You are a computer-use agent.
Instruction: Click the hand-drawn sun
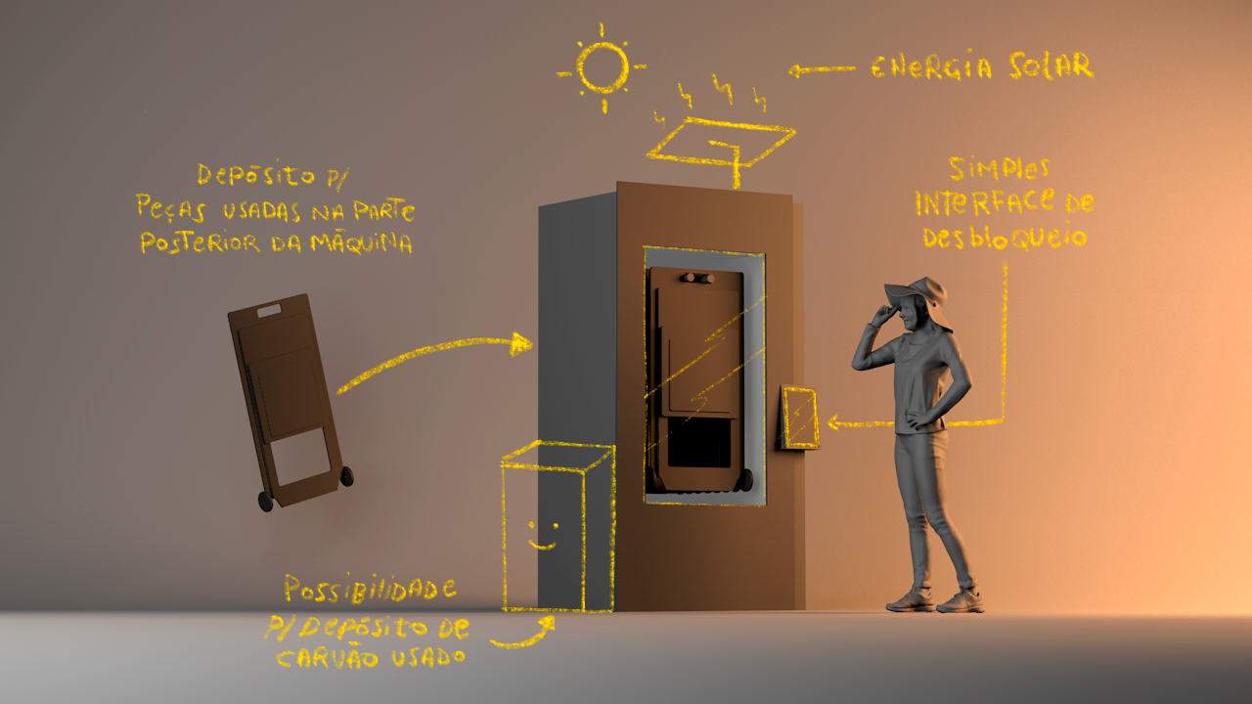[x=602, y=66]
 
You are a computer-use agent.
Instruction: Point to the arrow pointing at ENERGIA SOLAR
[x=821, y=69]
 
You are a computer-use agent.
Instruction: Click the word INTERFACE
[x=984, y=202]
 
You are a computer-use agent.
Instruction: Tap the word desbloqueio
[x=1005, y=237]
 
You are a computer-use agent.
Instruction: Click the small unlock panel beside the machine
[x=800, y=418]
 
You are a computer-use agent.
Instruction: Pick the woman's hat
[x=917, y=289]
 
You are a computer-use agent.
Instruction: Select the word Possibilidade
[x=370, y=590]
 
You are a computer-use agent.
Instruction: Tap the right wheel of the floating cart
[x=346, y=476]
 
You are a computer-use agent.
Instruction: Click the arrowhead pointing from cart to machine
[x=522, y=343]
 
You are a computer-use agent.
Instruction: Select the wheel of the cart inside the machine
[x=745, y=479]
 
